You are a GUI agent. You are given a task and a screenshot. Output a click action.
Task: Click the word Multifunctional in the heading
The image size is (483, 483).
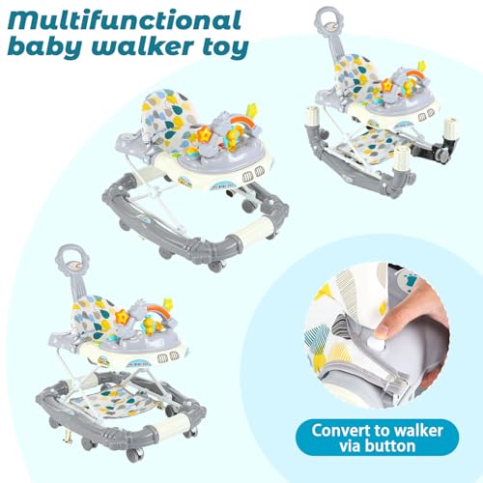pos(125,20)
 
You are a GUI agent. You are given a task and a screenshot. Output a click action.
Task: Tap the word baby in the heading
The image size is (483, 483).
pos(46,47)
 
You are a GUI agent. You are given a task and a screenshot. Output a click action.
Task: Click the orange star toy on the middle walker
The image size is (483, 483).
pos(204,133)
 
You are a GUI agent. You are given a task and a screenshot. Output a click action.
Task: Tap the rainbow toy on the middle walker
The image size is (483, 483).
pos(243,122)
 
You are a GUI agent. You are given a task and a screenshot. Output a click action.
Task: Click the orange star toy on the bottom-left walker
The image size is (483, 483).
pos(123,317)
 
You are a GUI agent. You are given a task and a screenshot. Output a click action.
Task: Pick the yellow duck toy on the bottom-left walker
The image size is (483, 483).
pos(149,326)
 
